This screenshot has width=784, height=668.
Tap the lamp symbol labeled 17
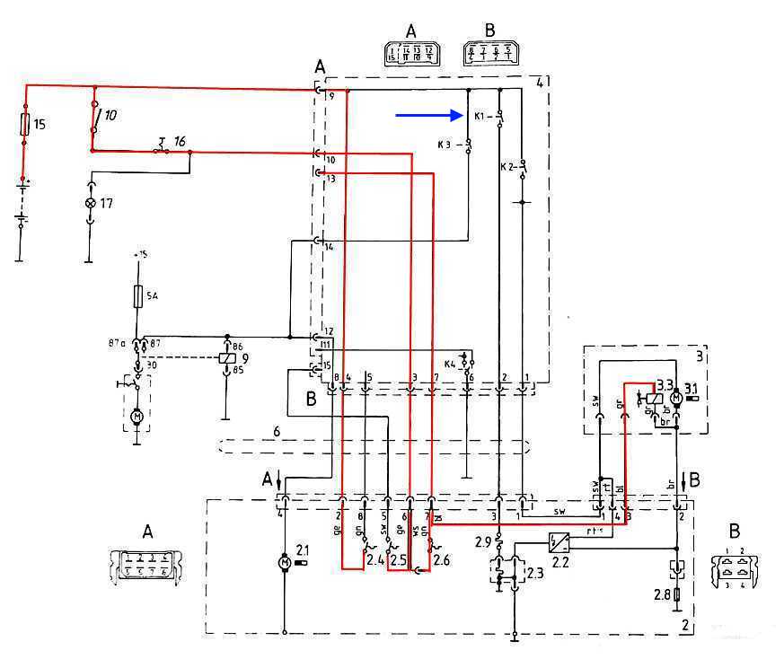(x=90, y=204)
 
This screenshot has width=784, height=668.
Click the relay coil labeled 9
(x=227, y=357)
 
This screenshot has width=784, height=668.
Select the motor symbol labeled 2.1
(x=284, y=562)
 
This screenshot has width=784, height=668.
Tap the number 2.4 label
(x=376, y=561)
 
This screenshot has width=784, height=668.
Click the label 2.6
(x=443, y=562)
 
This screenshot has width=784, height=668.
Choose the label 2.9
(x=483, y=541)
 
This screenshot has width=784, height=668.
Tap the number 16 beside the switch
(x=180, y=141)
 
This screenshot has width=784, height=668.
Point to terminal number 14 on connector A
(x=329, y=246)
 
